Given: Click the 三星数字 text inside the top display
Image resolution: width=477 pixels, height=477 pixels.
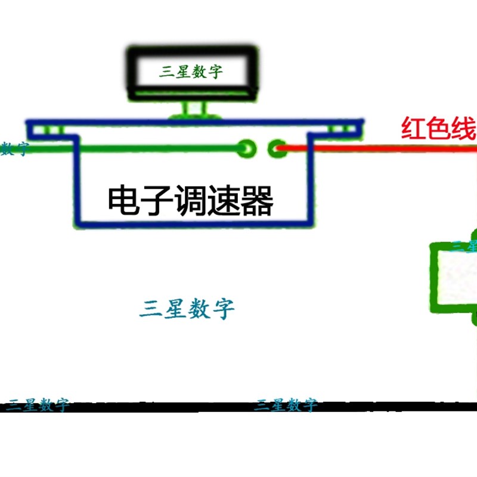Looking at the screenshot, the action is tap(191, 72).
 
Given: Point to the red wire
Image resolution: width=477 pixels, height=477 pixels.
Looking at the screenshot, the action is tap(382, 147).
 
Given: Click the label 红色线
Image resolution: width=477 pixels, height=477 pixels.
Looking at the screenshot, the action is tap(438, 129).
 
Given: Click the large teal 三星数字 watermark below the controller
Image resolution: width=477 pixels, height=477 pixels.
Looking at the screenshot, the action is tap(187, 309).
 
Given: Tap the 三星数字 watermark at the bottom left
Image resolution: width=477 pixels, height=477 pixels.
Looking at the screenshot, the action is tap(38, 405).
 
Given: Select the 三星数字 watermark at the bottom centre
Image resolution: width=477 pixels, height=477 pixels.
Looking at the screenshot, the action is tap(286, 405).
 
